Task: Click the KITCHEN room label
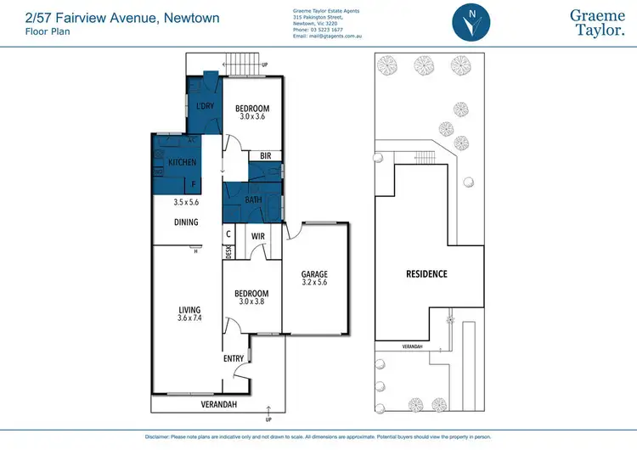coord(183,162)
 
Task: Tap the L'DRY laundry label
coord(204,106)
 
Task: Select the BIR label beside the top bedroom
coord(265,156)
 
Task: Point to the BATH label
coord(253,200)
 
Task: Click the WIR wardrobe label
coord(259,237)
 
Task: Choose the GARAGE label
coord(314,274)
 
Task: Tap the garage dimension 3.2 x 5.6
coord(314,284)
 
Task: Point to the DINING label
coord(186,222)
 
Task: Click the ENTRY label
coord(234,359)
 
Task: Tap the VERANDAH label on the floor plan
coord(218,405)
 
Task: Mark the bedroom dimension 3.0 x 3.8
coord(251,303)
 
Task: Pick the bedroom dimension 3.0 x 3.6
coord(251,117)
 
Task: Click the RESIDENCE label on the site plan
coord(426,274)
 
